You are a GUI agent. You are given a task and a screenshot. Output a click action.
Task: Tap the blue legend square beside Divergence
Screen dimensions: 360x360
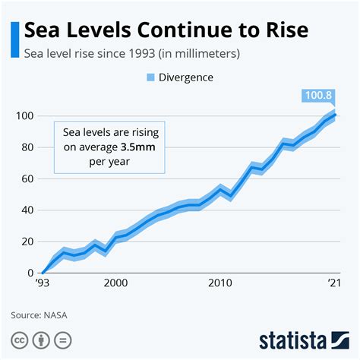[150, 77]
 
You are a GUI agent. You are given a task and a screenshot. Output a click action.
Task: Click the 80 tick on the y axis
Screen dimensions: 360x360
[24, 147]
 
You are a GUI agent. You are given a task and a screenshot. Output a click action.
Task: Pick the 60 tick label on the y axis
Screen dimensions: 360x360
[24, 179]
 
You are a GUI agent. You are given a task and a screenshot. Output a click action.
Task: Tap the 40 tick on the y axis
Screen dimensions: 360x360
[24, 210]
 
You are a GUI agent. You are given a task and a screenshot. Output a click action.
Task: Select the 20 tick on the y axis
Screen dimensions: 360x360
[24, 242]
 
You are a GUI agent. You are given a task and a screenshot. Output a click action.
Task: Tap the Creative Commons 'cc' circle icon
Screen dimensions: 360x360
[18, 339]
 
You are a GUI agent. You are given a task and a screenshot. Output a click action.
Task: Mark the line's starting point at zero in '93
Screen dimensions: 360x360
[43, 272]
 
